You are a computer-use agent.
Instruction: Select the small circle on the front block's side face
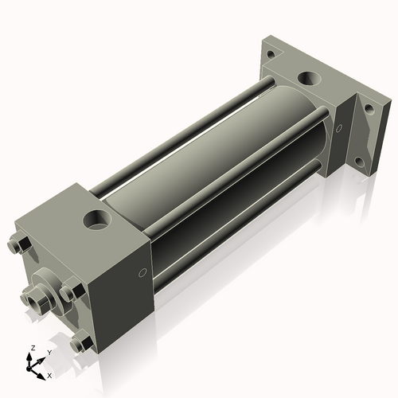pos(142,273)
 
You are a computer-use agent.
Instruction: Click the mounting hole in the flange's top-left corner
pos(271,55)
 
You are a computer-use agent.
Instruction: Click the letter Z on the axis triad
pos(31,349)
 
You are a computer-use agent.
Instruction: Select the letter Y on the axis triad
pos(49,352)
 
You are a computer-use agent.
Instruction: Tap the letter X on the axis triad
pos(49,373)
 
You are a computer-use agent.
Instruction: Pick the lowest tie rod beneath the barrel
pos(239,231)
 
